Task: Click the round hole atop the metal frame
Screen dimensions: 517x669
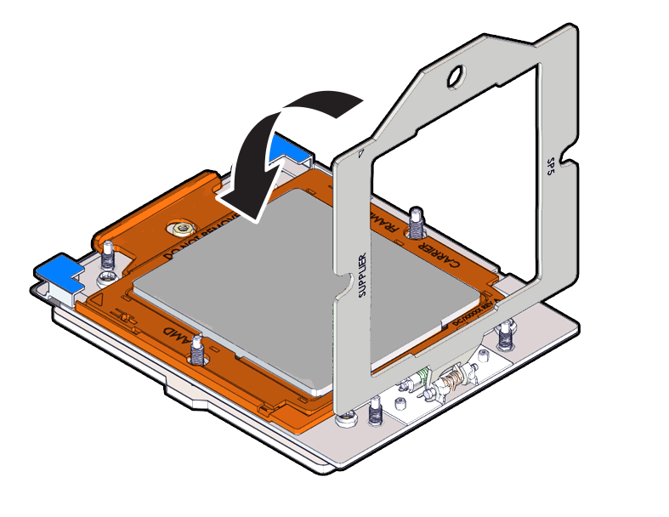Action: click(x=455, y=77)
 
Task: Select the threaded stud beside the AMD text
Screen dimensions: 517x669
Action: click(x=197, y=348)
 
